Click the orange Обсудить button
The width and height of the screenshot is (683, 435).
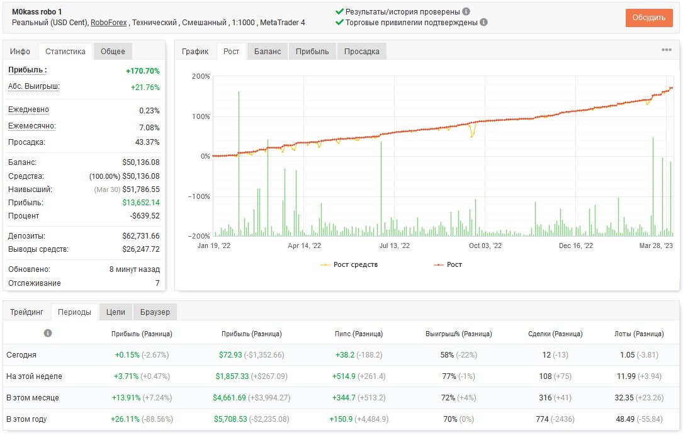pos(648,18)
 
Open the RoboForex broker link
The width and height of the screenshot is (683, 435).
pos(108,23)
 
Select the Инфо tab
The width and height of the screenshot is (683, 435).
pos(20,52)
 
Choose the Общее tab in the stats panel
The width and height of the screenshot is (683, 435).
pos(113,52)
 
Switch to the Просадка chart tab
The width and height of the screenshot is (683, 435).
pos(361,52)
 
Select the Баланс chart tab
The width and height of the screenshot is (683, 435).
pos(268,52)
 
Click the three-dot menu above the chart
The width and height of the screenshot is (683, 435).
pos(667,50)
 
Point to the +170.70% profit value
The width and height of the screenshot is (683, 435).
pos(143,71)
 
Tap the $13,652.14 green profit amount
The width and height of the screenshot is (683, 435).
pos(141,203)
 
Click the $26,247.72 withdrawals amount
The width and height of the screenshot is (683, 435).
pos(141,249)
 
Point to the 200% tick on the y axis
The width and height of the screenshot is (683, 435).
pos(201,76)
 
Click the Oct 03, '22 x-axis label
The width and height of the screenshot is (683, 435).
pos(485,246)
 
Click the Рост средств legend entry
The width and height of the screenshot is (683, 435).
pos(349,264)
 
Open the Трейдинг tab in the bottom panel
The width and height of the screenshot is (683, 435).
pos(26,312)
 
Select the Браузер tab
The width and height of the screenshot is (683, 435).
pos(155,312)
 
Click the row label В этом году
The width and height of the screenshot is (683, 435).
pos(26,419)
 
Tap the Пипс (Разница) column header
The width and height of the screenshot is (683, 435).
pos(359,334)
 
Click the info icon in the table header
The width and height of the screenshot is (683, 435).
pos(48,333)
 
